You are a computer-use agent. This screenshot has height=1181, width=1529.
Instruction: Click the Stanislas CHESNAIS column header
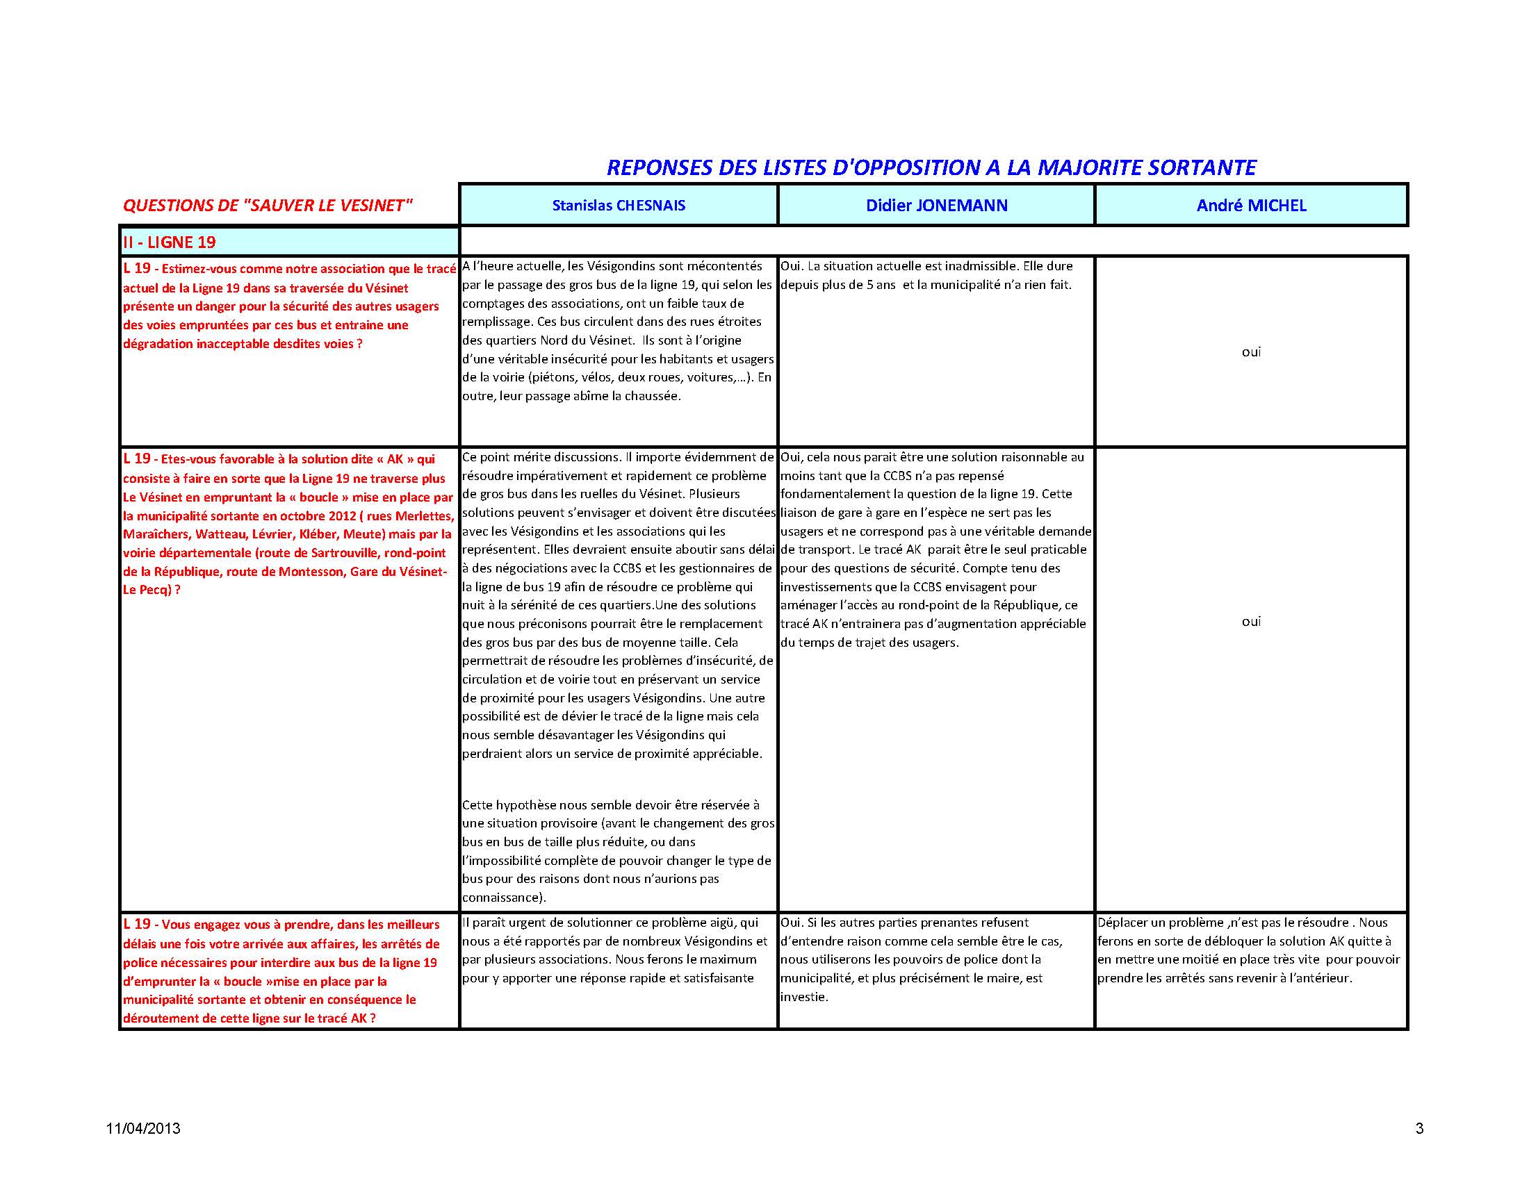click(618, 205)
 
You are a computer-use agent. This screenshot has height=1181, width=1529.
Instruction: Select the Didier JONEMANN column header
click(937, 205)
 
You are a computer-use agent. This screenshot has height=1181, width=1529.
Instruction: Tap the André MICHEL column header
click(1251, 205)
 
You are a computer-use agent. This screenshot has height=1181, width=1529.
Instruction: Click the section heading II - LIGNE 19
click(170, 242)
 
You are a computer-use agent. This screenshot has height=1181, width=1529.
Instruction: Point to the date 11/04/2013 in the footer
click(144, 1128)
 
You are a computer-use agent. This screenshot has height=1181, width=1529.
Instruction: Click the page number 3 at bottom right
click(1419, 1128)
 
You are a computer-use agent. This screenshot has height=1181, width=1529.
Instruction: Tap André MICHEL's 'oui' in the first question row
click(1251, 352)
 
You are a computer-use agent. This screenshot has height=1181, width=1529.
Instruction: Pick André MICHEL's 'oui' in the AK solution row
click(1251, 621)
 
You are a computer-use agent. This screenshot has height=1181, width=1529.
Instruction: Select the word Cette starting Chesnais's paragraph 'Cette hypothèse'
click(477, 805)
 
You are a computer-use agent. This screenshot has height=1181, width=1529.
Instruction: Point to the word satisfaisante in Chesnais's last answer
click(714, 978)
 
